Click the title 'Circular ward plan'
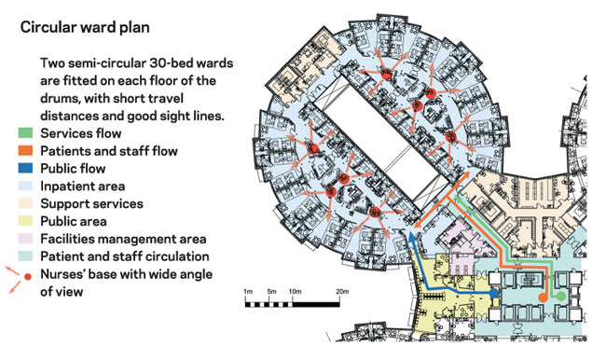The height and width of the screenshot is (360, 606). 85,28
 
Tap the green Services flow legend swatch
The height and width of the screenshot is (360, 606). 25,133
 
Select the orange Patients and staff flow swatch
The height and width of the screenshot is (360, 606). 25,150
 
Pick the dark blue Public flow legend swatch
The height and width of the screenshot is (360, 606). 25,168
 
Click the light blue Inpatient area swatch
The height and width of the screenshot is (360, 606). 25,186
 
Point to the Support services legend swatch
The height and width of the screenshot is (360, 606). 25,203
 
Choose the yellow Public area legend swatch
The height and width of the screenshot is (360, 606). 25,221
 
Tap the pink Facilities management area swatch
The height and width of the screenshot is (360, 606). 25,239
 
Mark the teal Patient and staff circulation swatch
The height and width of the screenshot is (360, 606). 25,256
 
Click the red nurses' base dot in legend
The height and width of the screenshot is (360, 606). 27,277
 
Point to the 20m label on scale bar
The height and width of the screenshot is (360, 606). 342,292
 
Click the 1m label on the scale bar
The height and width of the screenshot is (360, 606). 248,292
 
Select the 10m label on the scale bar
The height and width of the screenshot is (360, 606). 295,292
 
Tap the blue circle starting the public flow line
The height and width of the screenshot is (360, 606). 494,293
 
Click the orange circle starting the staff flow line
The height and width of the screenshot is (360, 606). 543,297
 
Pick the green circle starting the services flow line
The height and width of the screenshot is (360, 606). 560,297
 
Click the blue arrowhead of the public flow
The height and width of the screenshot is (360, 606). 412,238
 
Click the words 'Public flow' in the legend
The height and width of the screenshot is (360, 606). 73,169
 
